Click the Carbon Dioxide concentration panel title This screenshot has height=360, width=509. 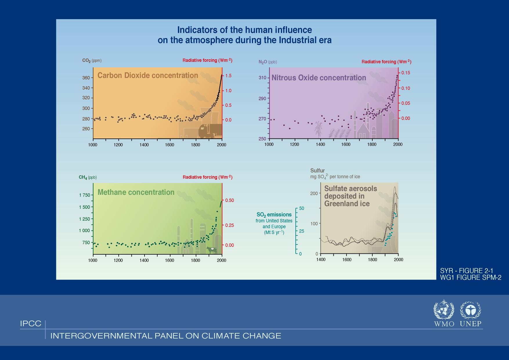[x=147, y=75]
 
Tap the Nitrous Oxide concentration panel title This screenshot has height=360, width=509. [x=319, y=78]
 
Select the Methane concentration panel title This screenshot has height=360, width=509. [x=136, y=192]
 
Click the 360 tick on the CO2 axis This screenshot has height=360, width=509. [x=86, y=78]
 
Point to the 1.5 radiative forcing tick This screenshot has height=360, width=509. [x=228, y=76]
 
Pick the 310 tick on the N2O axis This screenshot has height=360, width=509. [x=262, y=78]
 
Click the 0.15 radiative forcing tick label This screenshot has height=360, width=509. [x=405, y=73]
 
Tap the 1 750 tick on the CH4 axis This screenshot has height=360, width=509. [x=84, y=195]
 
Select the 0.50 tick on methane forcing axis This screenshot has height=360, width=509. [x=230, y=201]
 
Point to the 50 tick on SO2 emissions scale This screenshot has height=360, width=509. [x=302, y=208]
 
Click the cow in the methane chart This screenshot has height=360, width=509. [x=212, y=249]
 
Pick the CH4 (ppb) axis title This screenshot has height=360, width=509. [x=88, y=177]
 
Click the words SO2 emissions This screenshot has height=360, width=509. [x=274, y=215]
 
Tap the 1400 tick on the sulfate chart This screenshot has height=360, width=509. [x=321, y=260]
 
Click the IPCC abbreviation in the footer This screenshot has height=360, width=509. [x=31, y=324]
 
